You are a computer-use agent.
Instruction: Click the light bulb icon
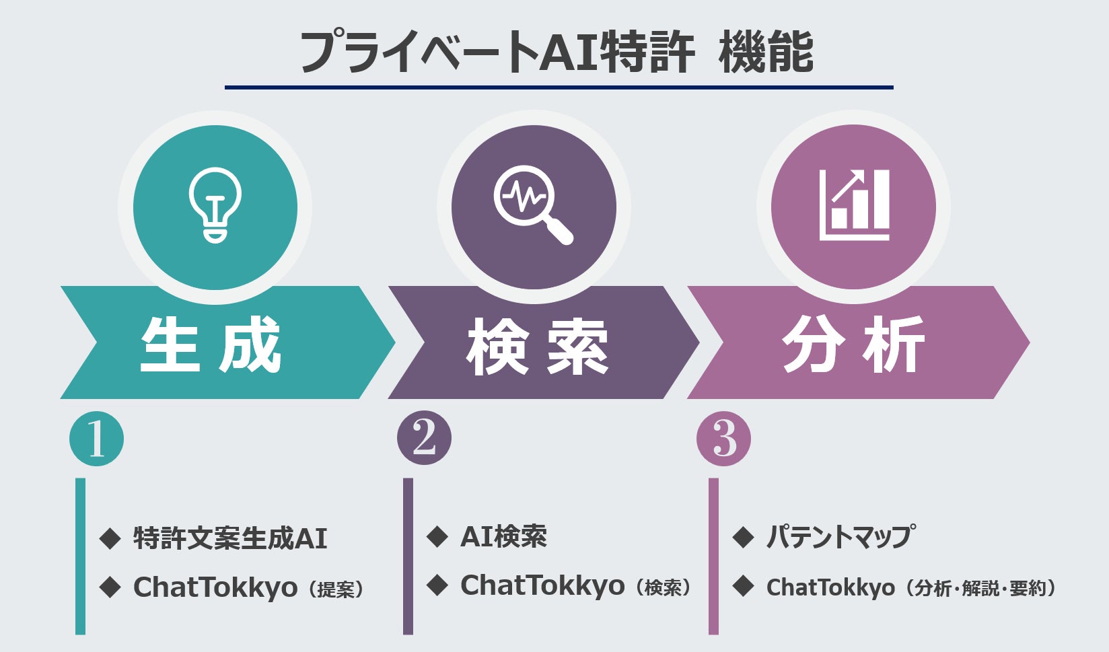click(x=215, y=205)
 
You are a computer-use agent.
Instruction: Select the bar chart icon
click(x=854, y=205)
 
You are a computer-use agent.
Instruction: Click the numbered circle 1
click(x=96, y=439)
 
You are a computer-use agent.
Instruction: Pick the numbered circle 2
click(x=424, y=438)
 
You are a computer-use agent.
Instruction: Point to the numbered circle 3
click(x=723, y=439)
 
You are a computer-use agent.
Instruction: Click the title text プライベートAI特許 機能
click(x=557, y=53)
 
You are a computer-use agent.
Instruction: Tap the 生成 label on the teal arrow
click(x=211, y=344)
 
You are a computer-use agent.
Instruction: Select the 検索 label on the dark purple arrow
click(x=537, y=347)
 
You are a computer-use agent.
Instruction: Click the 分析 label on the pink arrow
click(x=853, y=344)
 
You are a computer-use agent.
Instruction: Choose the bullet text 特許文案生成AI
click(x=230, y=538)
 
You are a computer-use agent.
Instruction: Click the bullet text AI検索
click(x=503, y=536)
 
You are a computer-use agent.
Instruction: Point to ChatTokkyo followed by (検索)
click(x=542, y=585)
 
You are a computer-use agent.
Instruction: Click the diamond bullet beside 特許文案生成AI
click(x=110, y=538)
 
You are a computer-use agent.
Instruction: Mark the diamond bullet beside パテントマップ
click(x=743, y=537)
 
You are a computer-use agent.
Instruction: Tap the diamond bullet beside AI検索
click(x=437, y=536)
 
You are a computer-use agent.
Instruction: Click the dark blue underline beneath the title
click(x=559, y=87)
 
